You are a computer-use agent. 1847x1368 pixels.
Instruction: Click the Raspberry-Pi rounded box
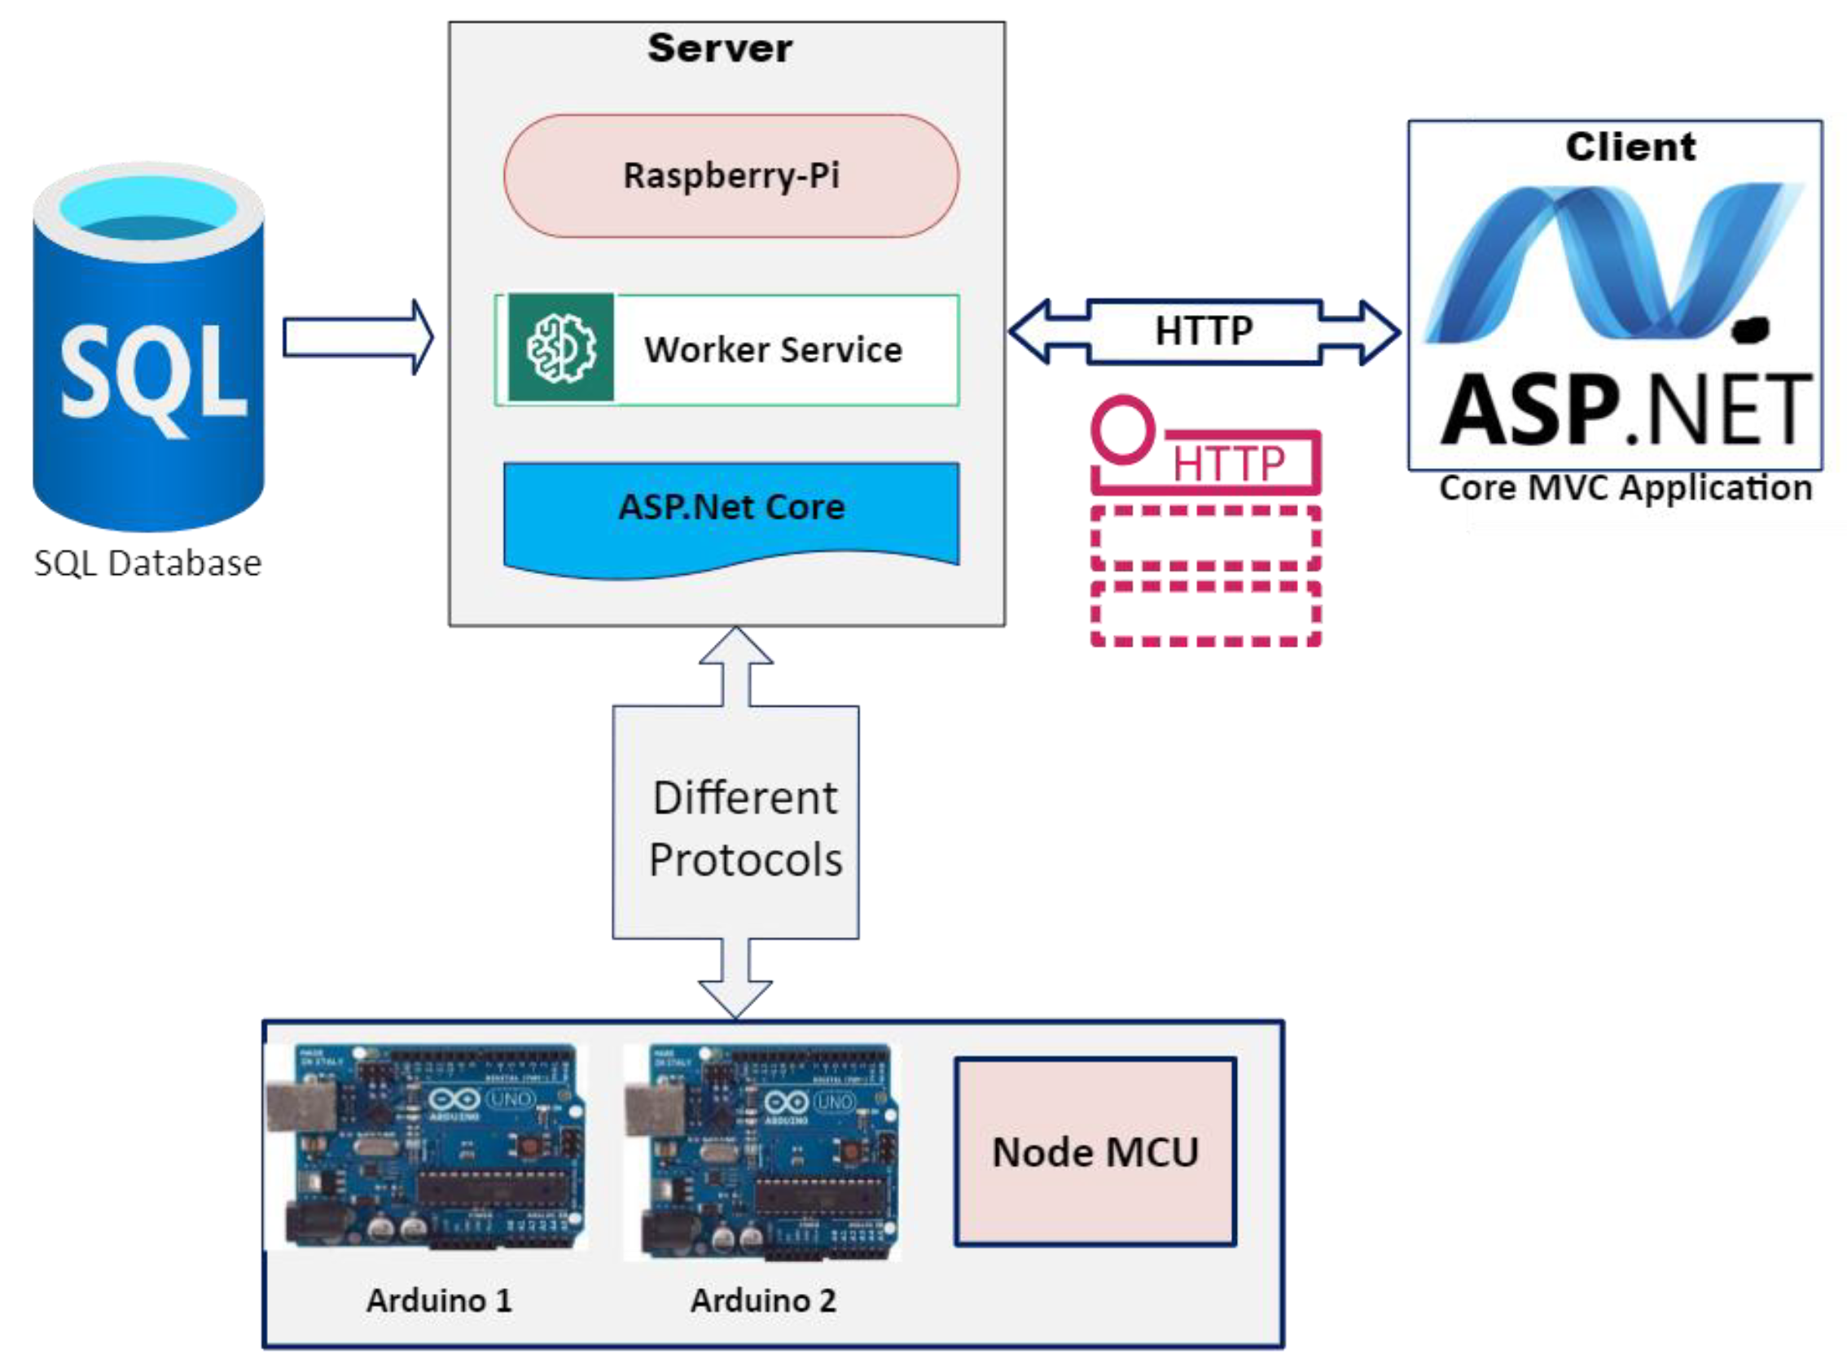[x=730, y=177]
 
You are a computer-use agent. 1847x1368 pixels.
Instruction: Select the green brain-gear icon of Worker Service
[x=561, y=348]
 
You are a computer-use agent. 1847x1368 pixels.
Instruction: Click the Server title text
[x=719, y=48]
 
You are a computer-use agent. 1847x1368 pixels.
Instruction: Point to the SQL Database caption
[x=147, y=564]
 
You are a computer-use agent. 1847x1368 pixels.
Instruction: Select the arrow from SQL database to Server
[x=357, y=338]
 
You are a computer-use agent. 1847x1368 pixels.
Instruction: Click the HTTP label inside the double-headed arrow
[x=1203, y=331]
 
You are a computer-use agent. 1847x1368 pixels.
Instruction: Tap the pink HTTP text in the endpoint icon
[x=1227, y=463]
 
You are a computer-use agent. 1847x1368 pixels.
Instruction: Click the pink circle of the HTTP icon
[x=1122, y=429]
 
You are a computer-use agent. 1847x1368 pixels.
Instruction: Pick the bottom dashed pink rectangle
[x=1205, y=614]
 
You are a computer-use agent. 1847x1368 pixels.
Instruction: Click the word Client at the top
[x=1630, y=147]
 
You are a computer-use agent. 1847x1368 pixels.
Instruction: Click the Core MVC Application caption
[x=1625, y=489]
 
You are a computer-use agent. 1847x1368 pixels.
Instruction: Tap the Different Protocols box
[x=735, y=822]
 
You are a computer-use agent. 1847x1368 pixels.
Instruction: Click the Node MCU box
[x=1095, y=1152]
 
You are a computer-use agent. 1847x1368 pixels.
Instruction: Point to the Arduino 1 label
[x=439, y=1301]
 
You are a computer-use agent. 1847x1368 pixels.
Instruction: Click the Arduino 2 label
[x=763, y=1301]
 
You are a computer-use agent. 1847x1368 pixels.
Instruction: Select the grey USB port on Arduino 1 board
[x=301, y=1107]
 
